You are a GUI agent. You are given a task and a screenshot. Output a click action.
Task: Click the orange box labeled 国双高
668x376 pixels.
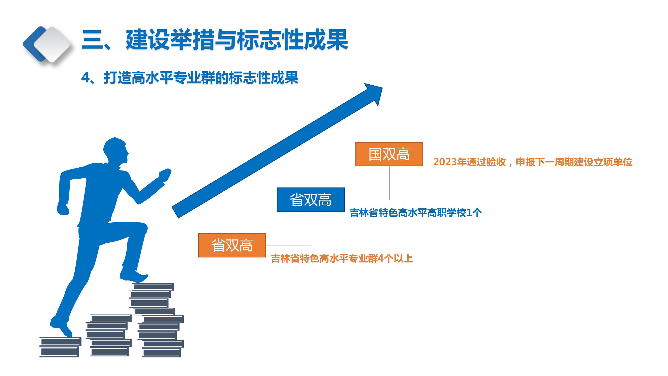point(389,154)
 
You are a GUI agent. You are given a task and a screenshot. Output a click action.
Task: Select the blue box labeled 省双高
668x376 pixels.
point(311,200)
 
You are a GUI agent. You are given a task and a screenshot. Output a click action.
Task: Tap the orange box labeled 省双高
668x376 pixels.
point(232,245)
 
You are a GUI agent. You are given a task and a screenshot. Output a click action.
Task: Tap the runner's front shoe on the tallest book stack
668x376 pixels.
point(134,274)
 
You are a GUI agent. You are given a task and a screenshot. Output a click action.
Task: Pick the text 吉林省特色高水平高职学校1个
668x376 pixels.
point(415,213)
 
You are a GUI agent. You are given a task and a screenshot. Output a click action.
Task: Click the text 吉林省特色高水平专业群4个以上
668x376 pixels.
point(342,258)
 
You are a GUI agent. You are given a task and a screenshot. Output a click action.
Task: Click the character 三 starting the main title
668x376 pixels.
point(92,40)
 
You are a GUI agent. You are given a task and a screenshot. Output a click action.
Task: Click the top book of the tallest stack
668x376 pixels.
point(153,286)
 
